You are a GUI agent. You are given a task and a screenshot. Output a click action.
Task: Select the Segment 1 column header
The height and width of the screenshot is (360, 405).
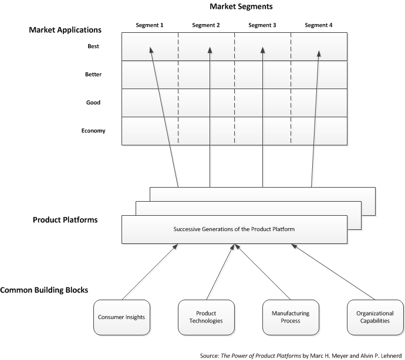click(x=150, y=25)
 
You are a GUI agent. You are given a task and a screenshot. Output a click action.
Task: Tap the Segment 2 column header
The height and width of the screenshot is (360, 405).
click(x=207, y=25)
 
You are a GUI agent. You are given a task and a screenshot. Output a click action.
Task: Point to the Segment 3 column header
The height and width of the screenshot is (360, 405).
click(x=263, y=25)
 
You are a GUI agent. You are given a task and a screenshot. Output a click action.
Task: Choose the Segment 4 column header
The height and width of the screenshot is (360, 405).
click(x=319, y=25)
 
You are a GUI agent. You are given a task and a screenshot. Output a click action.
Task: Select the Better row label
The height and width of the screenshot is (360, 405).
click(x=93, y=74)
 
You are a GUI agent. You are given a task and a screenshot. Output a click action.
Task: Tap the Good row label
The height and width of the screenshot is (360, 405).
click(x=93, y=103)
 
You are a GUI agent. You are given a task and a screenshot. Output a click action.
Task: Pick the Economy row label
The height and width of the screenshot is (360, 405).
click(x=93, y=131)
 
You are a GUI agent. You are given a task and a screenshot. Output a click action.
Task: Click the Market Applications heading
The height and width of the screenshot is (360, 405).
click(x=65, y=29)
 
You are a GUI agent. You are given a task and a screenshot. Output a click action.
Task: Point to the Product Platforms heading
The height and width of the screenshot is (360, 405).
click(x=65, y=220)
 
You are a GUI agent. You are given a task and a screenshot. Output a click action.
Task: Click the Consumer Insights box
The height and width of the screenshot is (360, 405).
click(x=122, y=317)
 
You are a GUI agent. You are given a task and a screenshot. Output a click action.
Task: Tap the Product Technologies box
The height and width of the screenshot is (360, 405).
click(x=206, y=317)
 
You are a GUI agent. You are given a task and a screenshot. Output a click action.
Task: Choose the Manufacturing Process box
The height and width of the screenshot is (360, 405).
click(x=291, y=317)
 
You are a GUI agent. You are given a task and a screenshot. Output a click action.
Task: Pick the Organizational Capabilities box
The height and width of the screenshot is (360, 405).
click(x=375, y=317)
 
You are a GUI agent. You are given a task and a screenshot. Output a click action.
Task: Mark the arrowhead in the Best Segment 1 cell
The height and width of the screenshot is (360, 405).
click(x=150, y=50)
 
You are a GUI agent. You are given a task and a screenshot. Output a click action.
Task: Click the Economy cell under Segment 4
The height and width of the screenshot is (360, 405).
click(x=319, y=131)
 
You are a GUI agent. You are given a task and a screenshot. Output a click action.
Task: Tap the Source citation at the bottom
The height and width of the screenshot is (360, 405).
click(x=301, y=355)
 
